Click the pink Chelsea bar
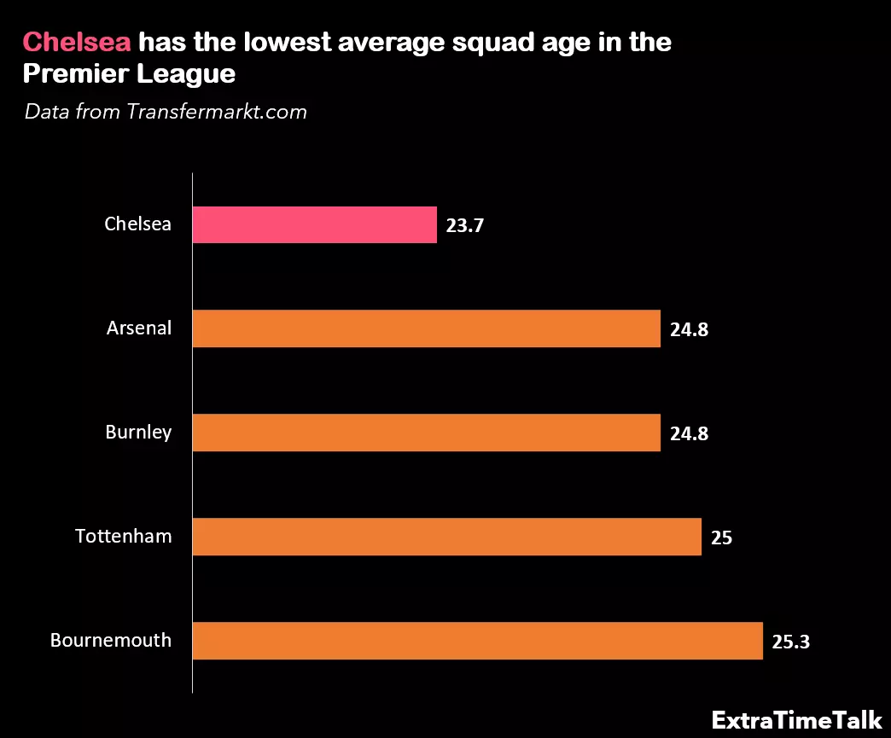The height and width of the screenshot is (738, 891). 314,225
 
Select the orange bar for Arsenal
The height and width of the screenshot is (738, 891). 426,328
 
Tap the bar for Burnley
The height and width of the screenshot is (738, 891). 426,433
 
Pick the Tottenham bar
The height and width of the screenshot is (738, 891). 446,537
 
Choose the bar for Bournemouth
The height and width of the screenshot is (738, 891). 477,641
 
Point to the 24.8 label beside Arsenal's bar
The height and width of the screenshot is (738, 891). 689,330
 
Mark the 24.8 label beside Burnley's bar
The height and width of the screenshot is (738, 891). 689,434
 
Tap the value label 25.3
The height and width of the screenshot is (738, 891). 790,642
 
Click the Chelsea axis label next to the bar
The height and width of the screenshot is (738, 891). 138,224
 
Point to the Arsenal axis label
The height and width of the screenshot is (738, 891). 139,328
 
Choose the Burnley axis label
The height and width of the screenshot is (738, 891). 138,433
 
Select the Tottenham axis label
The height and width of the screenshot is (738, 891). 124,537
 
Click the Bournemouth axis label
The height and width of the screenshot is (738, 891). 111,641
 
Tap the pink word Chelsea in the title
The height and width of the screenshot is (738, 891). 77,43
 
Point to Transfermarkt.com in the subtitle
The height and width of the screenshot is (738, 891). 217,112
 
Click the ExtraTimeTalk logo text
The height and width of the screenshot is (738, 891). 797,719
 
